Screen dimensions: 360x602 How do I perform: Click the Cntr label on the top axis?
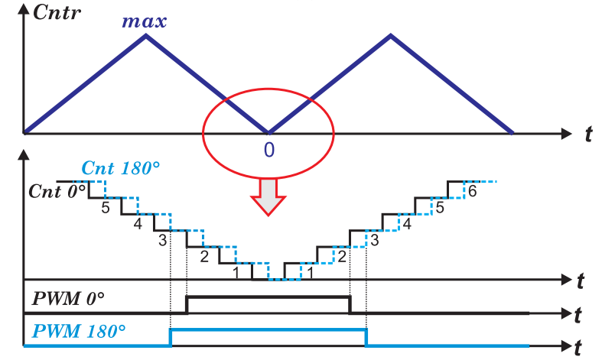click(x=56, y=14)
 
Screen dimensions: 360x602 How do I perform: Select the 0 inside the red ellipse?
click(x=268, y=150)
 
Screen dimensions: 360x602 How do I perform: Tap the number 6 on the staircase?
click(x=472, y=191)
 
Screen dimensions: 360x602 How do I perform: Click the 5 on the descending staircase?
click(x=106, y=206)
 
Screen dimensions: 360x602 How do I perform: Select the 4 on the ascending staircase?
click(x=406, y=224)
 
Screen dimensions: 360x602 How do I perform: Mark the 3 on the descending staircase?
click(x=162, y=241)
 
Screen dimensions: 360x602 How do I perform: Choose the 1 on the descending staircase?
click(x=236, y=271)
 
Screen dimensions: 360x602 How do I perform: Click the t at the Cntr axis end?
click(x=587, y=135)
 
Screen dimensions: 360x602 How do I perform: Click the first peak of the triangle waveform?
click(x=146, y=35)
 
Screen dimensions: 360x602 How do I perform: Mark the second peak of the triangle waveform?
click(x=391, y=35)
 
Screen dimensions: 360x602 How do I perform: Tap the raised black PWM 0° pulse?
click(x=268, y=297)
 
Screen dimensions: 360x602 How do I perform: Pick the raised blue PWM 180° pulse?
click(x=268, y=329)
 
